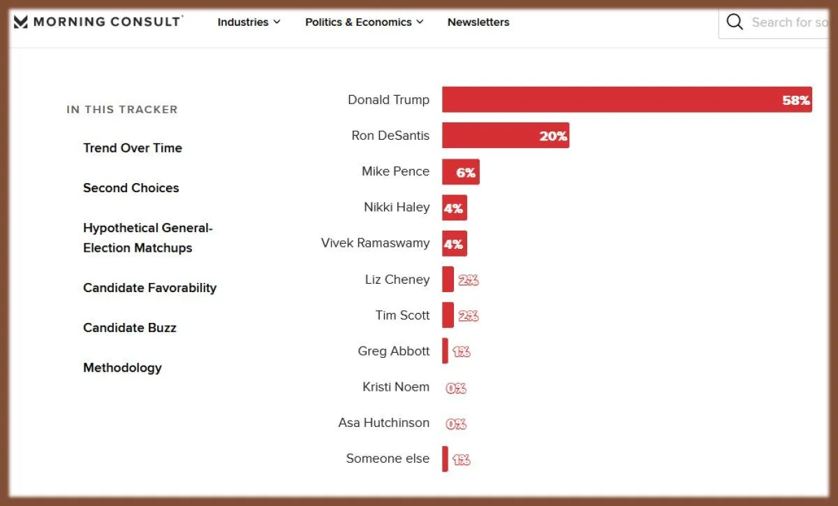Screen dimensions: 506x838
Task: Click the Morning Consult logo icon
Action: [21, 22]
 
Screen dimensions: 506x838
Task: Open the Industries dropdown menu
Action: [249, 22]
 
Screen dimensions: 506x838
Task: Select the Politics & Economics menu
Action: [364, 22]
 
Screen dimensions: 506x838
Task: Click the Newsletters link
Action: [478, 22]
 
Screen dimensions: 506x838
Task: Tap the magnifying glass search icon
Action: [735, 22]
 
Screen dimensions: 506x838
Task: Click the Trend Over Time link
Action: [133, 148]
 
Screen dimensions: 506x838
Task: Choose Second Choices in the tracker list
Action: [131, 188]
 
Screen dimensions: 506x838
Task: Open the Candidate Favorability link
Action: [150, 288]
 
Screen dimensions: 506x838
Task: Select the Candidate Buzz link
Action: [130, 328]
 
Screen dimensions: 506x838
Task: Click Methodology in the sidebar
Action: [122, 368]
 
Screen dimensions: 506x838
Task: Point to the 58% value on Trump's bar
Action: [795, 101]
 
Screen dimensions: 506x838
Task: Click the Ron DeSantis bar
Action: [505, 136]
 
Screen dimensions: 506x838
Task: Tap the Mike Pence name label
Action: [395, 171]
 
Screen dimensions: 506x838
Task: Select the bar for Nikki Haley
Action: [455, 208]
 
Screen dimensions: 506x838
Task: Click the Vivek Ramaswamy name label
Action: [375, 243]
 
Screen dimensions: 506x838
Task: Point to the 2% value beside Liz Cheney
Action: [468, 280]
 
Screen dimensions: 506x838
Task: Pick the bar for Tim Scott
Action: [448, 315]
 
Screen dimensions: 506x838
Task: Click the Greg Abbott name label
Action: [394, 351]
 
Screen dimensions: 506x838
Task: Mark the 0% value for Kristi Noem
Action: [456, 388]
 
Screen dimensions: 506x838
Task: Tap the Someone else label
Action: [388, 458]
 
